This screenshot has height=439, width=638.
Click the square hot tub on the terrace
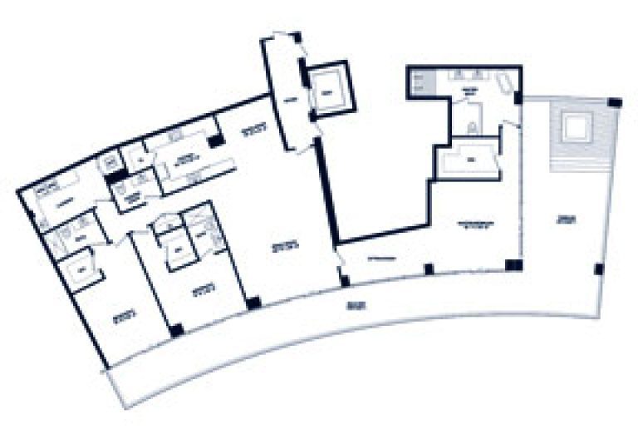pos(575,127)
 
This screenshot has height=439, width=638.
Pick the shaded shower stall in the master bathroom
pos(420,84)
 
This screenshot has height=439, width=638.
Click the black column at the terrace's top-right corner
pos(614,102)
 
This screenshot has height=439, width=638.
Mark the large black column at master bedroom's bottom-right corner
pos(513,266)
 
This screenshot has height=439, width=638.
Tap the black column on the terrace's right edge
pos(598,268)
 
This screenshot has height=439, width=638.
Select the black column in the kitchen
pos(216,142)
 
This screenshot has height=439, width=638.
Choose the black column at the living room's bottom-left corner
pos(253,303)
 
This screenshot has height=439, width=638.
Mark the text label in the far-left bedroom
pos(124,316)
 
